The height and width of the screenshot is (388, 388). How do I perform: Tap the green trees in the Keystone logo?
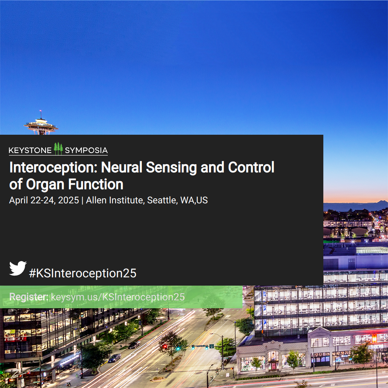pos(58,148)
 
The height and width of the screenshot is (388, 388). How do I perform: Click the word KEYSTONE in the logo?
pos(30,151)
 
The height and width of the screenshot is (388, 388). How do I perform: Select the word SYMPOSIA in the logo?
pos(86,151)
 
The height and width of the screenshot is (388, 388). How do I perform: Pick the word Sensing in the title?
pos(171,168)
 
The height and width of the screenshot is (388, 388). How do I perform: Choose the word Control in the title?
pos(251,167)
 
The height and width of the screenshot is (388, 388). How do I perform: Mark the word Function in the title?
pos(96,184)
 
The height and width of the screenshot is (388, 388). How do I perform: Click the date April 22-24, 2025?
pos(44,200)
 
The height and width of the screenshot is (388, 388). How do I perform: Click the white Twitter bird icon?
pos(18,268)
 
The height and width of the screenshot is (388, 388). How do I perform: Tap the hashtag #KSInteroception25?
pos(83,273)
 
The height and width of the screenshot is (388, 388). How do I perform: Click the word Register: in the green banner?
pos(29,297)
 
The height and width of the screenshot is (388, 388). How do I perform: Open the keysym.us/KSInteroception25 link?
pos(118,297)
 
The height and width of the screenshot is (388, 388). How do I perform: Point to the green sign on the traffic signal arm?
pos(212,346)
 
